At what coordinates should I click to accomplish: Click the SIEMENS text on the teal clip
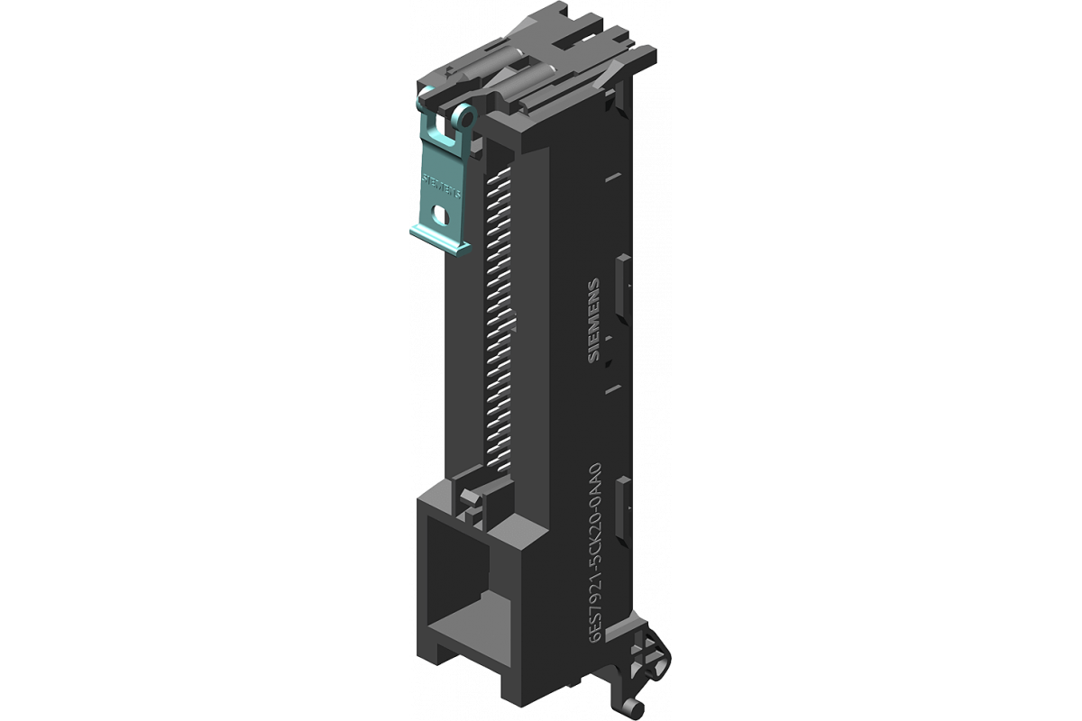pyautogui.click(x=442, y=185)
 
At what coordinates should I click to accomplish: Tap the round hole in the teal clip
pyautogui.click(x=441, y=214)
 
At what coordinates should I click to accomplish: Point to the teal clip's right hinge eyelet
pyautogui.click(x=464, y=117)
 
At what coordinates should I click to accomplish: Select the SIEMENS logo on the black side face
pyautogui.click(x=594, y=320)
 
